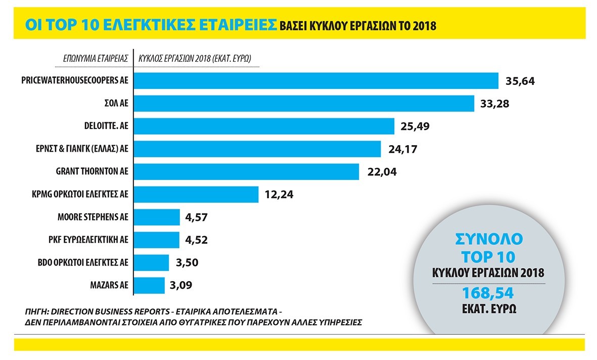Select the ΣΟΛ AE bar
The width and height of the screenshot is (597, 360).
click(x=303, y=104)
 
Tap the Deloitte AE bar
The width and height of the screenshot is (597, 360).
click(x=263, y=126)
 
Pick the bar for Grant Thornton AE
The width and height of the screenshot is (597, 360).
click(x=246, y=171)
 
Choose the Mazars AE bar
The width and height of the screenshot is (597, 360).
click(x=149, y=285)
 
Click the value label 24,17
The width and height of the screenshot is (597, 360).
click(x=402, y=149)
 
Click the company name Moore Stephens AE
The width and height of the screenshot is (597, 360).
click(x=93, y=217)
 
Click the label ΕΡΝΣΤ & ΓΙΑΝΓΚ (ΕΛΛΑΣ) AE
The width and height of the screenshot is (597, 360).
click(x=85, y=149)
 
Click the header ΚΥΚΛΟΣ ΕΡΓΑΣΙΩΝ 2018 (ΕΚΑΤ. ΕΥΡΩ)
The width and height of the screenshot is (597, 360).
click(x=195, y=58)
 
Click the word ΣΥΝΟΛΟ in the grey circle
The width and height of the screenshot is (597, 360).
click(x=489, y=238)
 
